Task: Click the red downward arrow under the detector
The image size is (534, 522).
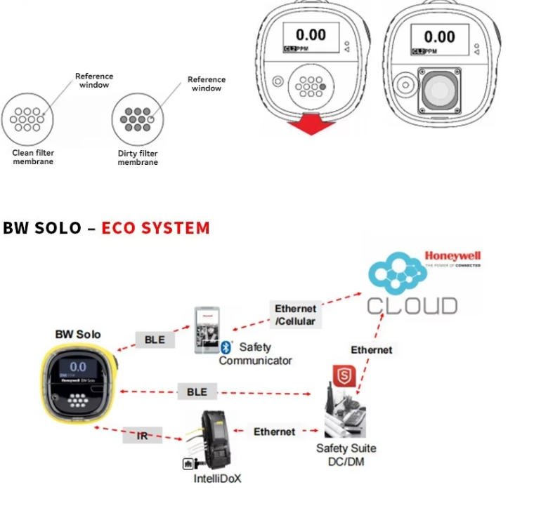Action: click(311, 123)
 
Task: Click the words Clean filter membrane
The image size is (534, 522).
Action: click(33, 156)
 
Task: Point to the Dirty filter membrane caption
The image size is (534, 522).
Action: click(138, 158)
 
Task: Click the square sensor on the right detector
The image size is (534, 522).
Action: click(439, 91)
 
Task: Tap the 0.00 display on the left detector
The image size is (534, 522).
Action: click(310, 36)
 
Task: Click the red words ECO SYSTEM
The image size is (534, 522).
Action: click(155, 228)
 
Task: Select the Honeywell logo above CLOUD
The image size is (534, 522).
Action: click(452, 257)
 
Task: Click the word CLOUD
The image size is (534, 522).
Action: click(412, 305)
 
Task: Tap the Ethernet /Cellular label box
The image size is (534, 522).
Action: click(295, 314)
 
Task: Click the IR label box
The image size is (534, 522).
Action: click(143, 436)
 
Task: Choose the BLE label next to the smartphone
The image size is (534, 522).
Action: click(155, 340)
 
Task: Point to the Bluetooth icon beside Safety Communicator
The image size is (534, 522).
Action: click(226, 347)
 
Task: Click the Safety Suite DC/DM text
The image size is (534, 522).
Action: click(346, 454)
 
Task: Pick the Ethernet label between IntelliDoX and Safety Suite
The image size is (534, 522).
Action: click(274, 431)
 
